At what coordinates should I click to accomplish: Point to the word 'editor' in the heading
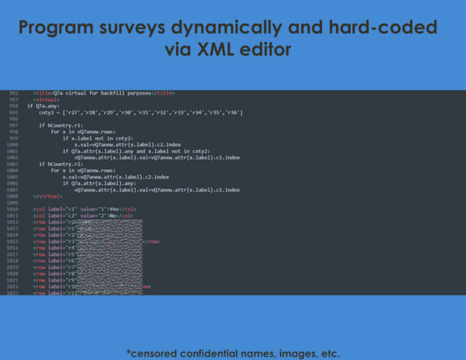pos(271,50)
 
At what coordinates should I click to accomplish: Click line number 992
pos(13,93)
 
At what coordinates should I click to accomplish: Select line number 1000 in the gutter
pos(13,145)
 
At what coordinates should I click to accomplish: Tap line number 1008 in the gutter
pos(13,196)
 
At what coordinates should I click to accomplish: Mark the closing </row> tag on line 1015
pos(152,241)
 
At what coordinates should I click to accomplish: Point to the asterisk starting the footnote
pos(128,352)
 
